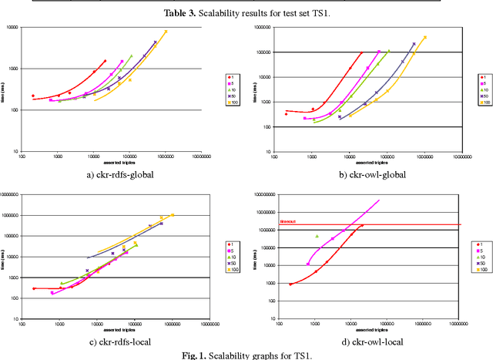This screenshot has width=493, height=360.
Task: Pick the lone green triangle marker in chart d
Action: [x=317, y=236]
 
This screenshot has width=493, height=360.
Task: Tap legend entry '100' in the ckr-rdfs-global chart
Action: [x=233, y=101]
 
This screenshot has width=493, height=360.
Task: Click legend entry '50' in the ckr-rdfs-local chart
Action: [x=233, y=263]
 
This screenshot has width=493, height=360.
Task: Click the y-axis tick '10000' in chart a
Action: [x=11, y=28]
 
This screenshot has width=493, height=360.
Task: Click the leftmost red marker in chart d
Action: [x=290, y=284]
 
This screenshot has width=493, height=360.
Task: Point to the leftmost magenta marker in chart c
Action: [x=52, y=293]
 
